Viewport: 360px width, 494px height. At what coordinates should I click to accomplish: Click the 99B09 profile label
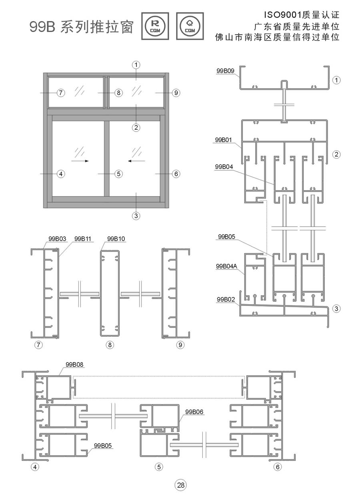point(225,71)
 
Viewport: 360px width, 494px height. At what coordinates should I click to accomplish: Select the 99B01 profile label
point(224,140)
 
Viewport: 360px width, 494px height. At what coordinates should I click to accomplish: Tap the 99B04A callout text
point(226,266)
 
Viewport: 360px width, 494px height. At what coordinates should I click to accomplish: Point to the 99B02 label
point(226,299)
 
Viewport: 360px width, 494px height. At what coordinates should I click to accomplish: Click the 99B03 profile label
point(57,239)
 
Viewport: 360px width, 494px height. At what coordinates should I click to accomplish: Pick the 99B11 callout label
point(83,239)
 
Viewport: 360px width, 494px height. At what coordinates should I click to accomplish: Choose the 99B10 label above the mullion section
point(116,239)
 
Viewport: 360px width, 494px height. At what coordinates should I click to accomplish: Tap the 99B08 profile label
point(74,365)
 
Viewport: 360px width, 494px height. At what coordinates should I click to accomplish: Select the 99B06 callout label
point(194,412)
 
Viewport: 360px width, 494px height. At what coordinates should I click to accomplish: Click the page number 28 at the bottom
point(181,485)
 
